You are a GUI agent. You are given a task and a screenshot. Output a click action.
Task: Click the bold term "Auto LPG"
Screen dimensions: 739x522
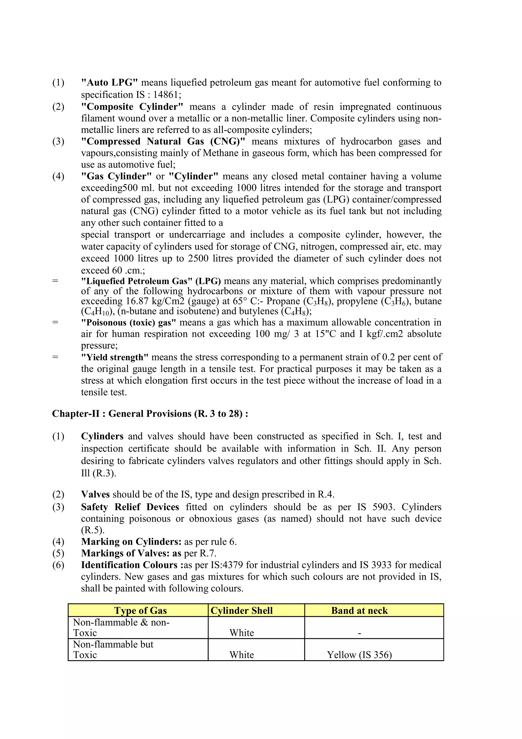click(109, 83)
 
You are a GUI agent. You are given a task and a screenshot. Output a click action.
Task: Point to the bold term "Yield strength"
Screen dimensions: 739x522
click(114, 357)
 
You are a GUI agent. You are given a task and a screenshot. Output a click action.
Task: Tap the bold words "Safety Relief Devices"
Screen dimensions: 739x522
click(130, 507)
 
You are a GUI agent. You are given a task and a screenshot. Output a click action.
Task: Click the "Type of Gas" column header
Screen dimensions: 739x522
click(140, 611)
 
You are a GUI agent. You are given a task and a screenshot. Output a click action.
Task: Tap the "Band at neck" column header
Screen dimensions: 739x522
click(359, 611)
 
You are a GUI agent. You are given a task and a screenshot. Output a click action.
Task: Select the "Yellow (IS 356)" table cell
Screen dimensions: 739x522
click(359, 655)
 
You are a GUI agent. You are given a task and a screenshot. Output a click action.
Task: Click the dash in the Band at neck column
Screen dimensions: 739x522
click(359, 633)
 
